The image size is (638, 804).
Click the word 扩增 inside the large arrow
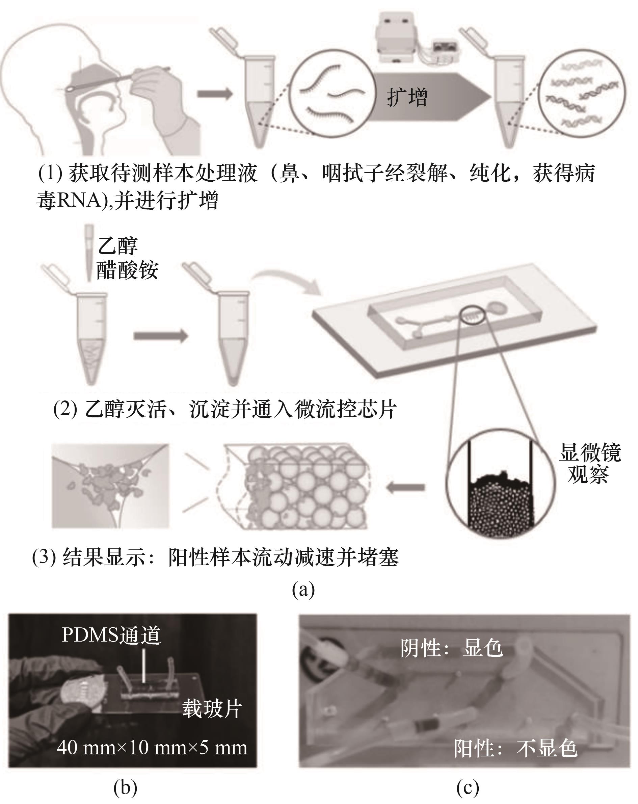[407, 97]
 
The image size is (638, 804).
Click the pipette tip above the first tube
[89, 252]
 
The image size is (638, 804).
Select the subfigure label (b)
[125, 787]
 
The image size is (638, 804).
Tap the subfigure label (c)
[468, 787]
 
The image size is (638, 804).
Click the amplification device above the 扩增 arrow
[416, 38]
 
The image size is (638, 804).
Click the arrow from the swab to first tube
[215, 94]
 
